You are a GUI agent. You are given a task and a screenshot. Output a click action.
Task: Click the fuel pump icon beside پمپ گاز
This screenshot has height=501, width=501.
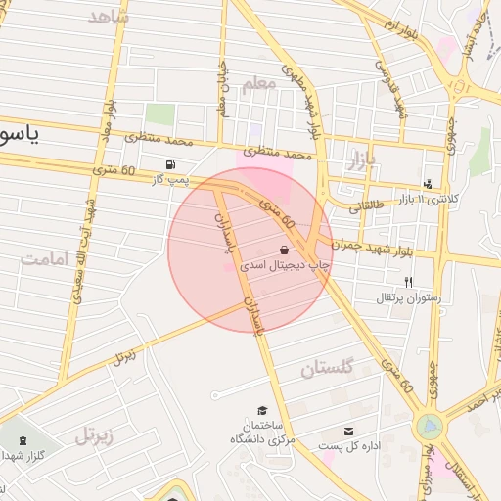click(173, 164)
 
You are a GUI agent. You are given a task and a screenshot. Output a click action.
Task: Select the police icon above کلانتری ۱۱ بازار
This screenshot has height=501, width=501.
click(428, 183)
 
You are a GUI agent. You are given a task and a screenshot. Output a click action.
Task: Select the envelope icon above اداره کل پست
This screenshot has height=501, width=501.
click(349, 432)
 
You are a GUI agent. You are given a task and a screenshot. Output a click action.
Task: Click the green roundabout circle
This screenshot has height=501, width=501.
click(428, 427)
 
